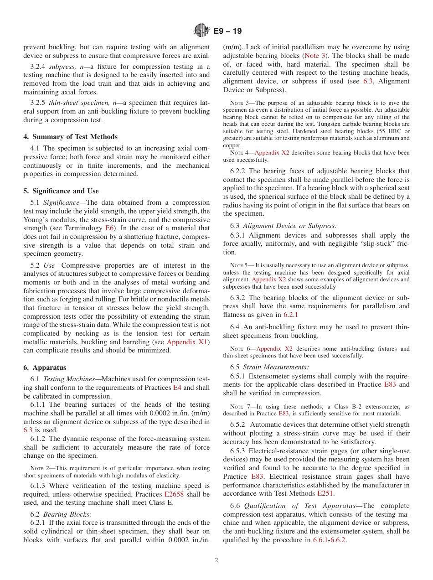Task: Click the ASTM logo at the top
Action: (x=201, y=31)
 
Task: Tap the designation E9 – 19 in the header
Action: (x=227, y=31)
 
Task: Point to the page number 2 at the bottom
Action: (x=216, y=560)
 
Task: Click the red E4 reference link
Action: (x=177, y=388)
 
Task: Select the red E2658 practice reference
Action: (x=174, y=494)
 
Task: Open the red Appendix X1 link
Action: (x=187, y=342)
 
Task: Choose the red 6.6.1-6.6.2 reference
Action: (x=329, y=540)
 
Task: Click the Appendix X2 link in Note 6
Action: (x=274, y=349)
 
